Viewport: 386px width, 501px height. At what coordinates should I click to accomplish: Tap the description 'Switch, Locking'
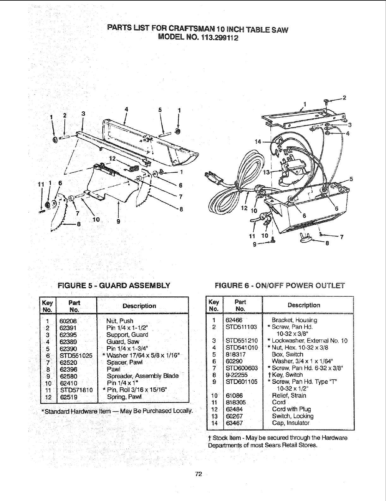293,416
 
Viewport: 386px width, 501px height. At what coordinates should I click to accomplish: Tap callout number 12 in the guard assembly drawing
112,158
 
